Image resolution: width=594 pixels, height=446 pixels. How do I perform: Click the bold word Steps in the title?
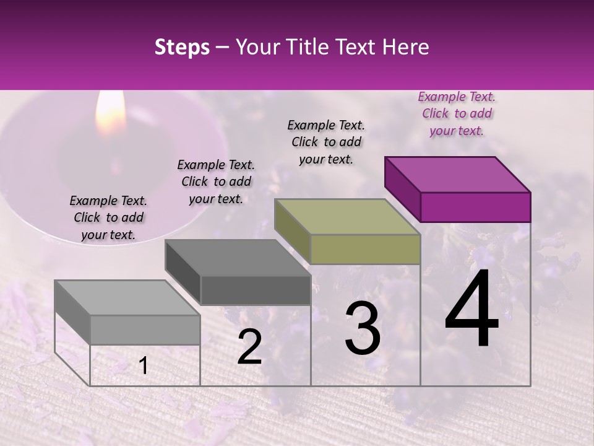tap(182, 47)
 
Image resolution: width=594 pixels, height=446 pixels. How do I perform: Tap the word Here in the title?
tap(405, 47)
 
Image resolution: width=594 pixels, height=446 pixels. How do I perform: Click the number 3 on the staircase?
tap(362, 328)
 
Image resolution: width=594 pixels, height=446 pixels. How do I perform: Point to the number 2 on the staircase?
tap(249, 348)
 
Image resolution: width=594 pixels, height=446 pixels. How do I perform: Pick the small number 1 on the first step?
tap(143, 366)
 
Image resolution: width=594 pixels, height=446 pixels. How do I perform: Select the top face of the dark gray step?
tap(238, 258)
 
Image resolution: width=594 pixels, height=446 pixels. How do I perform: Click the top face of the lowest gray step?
tap(127, 298)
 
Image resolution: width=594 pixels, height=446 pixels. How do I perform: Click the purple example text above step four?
tap(457, 113)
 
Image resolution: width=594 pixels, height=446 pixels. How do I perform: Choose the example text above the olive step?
tap(326, 142)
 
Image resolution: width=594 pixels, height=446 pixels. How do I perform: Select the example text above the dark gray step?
tap(216, 181)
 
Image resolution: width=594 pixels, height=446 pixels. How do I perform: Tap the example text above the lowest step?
tap(108, 217)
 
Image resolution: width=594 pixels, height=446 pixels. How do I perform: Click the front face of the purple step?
tap(475, 207)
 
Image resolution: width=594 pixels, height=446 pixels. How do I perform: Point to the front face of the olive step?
tap(365, 250)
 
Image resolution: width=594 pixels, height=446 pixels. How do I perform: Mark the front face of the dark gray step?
tap(255, 290)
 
